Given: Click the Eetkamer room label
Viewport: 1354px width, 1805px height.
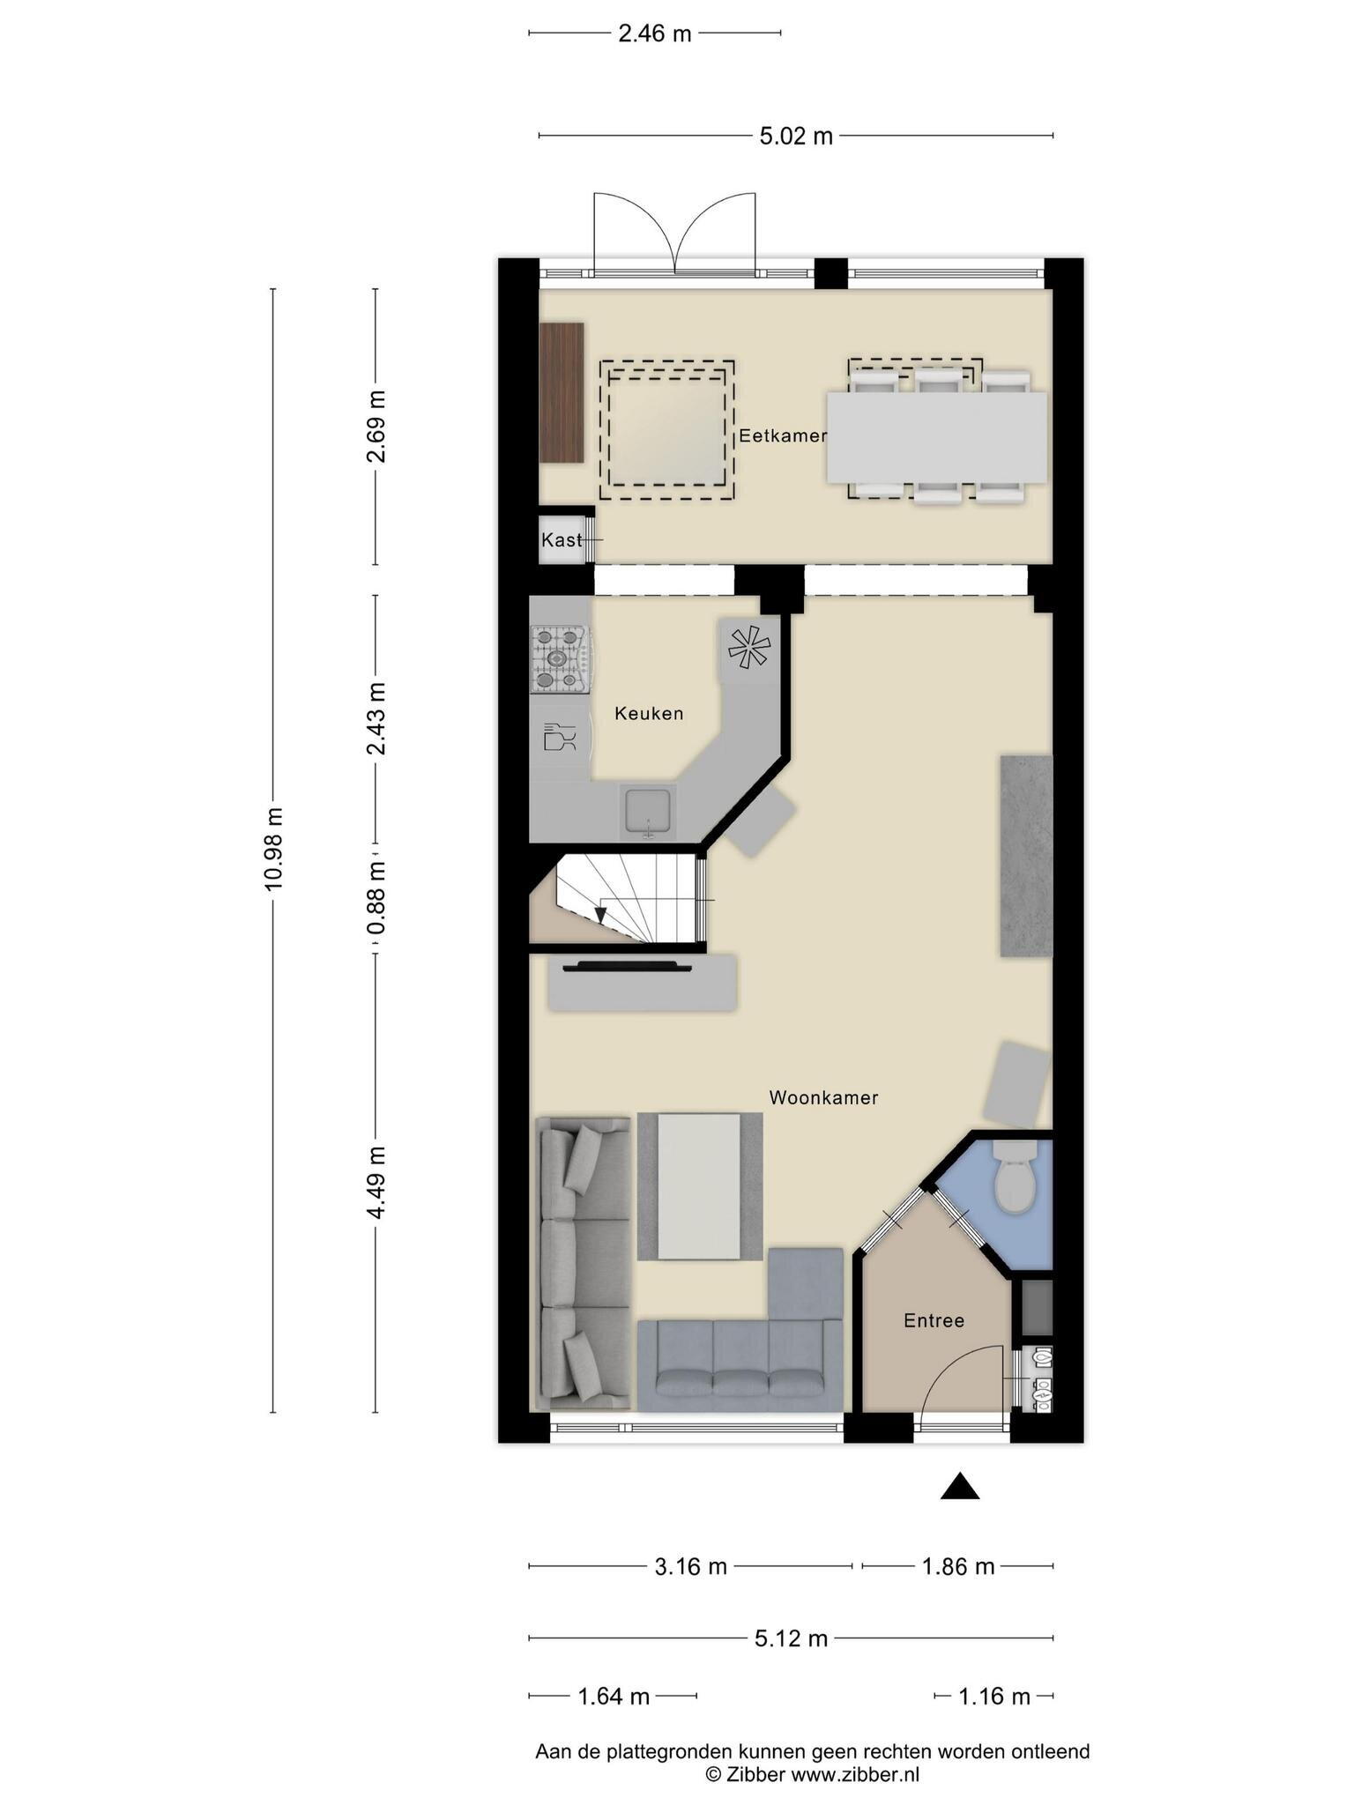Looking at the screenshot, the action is [783, 435].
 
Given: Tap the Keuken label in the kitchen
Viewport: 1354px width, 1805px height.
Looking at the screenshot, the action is [649, 714].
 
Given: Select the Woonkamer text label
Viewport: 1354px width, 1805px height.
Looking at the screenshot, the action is [823, 1097].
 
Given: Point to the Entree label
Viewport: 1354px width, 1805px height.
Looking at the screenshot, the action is [934, 1320].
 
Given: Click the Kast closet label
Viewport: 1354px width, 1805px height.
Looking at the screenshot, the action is [562, 539].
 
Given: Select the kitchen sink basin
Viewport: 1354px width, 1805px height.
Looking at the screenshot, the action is [649, 811].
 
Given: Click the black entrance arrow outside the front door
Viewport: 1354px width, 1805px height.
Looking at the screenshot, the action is [960, 1486].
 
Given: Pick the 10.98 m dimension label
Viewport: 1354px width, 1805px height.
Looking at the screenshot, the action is [274, 849].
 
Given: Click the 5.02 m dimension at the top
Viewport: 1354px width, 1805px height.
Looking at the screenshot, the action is [796, 136].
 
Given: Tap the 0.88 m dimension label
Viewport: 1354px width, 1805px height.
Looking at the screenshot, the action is [377, 898].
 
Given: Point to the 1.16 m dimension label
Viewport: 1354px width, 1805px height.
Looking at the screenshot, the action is [993, 1696].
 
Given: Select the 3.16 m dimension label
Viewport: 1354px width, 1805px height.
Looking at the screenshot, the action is [690, 1566].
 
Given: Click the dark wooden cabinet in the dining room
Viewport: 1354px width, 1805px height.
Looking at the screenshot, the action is [562, 392].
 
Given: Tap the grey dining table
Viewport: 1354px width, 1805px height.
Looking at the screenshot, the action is [936, 437].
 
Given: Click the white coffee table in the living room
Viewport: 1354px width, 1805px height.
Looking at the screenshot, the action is [700, 1186].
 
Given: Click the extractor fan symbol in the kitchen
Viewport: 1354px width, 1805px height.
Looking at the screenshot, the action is [748, 649].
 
